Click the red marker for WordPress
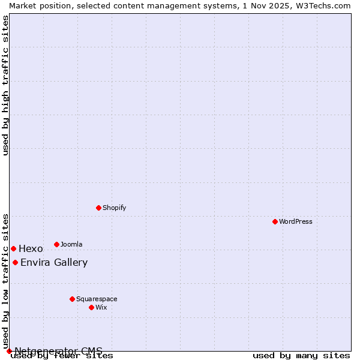pyautogui.click(x=275, y=221)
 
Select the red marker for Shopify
pyautogui.click(x=98, y=208)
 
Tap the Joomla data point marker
pyautogui.click(x=56, y=244)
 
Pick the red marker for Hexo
pyautogui.click(x=13, y=248)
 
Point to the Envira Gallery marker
pyautogui.click(x=15, y=262)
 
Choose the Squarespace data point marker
pyautogui.click(x=72, y=299)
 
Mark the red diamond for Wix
pyautogui.click(x=91, y=307)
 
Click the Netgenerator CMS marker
pyautogui.click(x=9, y=351)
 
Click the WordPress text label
pyautogui.click(x=296, y=221)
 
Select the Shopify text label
pyautogui.click(x=114, y=208)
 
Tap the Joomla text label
pyautogui.click(x=71, y=244)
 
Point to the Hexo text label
pyautogui.click(x=31, y=248)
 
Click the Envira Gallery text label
pyautogui.click(x=54, y=262)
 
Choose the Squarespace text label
pyautogui.click(x=97, y=299)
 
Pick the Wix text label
pyautogui.click(x=101, y=307)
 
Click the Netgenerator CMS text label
pyautogui.click(x=58, y=351)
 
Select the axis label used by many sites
pyautogui.click(x=301, y=356)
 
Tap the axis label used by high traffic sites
pyautogui.click(x=5, y=85)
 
